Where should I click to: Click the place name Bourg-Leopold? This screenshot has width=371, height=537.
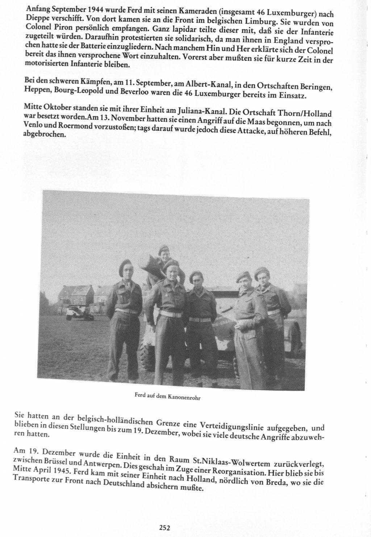click(76, 91)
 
